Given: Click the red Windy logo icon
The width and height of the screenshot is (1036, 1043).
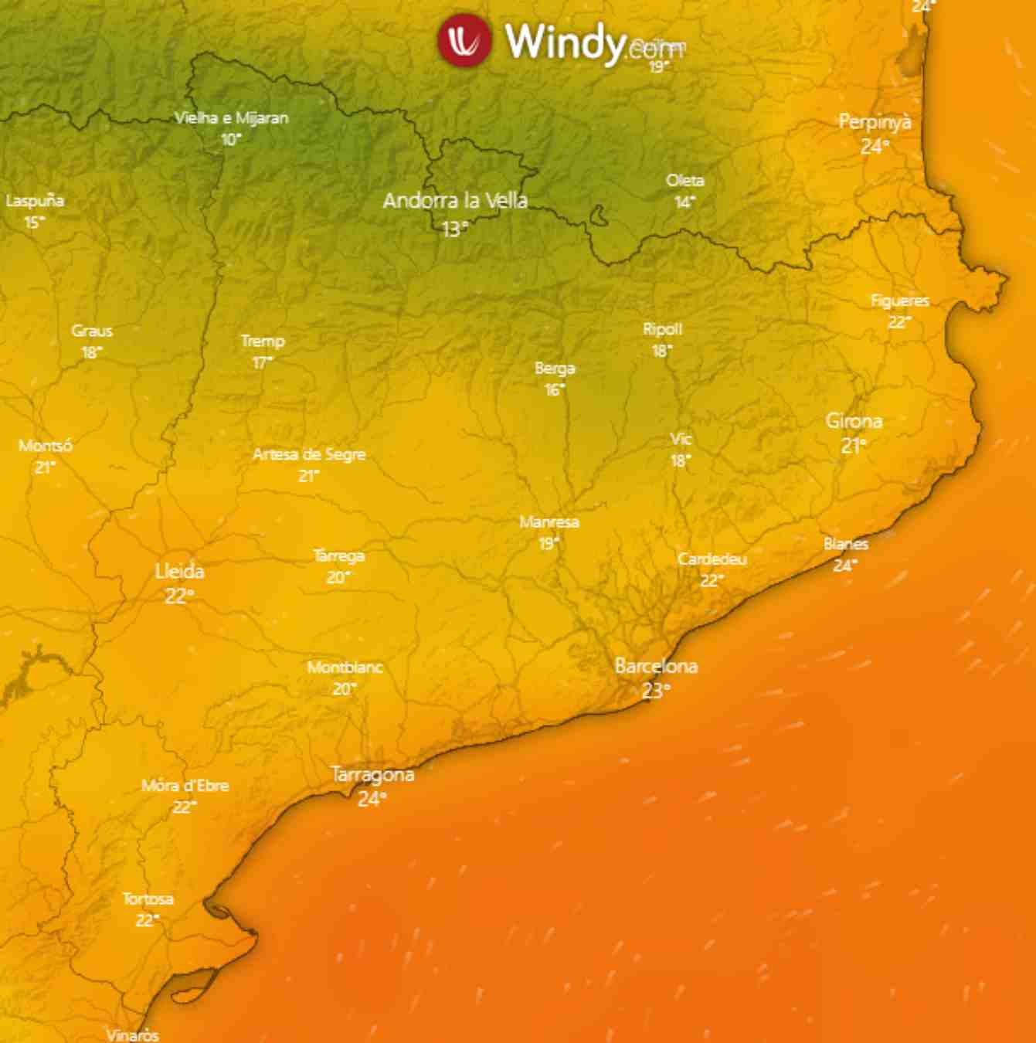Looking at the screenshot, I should pyautogui.click(x=464, y=39).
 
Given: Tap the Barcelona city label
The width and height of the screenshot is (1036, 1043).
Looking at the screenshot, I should pyautogui.click(x=656, y=666).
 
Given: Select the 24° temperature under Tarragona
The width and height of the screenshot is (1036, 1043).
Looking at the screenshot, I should pyautogui.click(x=372, y=799).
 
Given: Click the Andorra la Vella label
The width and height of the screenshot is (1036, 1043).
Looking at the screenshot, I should pyautogui.click(x=455, y=201).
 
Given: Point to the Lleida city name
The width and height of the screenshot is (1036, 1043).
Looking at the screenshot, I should pyautogui.click(x=179, y=572).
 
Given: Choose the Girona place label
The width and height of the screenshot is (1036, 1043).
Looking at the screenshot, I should pyautogui.click(x=854, y=421).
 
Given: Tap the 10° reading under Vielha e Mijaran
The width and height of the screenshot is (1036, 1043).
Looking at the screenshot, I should pyautogui.click(x=230, y=140).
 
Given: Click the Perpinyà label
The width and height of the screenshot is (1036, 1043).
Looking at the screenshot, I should pyautogui.click(x=875, y=122).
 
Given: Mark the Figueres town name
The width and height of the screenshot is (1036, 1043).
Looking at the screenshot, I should pyautogui.click(x=900, y=301).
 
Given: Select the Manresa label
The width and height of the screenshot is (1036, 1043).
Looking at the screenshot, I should pyautogui.click(x=549, y=522).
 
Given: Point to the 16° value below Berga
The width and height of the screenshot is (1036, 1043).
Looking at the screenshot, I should pyautogui.click(x=554, y=390).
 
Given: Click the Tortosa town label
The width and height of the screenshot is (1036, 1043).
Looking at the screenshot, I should pyautogui.click(x=148, y=899).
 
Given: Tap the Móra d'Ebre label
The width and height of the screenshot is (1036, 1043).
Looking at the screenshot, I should pyautogui.click(x=185, y=786).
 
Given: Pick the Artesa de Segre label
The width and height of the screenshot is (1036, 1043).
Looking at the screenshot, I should pyautogui.click(x=309, y=454).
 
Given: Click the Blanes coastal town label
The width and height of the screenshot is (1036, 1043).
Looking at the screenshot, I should pyautogui.click(x=846, y=544).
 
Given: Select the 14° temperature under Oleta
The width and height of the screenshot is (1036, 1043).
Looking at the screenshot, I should pyautogui.click(x=684, y=202).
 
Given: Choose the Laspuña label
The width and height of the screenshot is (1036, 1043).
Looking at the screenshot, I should pyautogui.click(x=35, y=201).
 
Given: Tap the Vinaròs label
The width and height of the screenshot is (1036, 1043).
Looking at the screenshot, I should pyautogui.click(x=132, y=1035).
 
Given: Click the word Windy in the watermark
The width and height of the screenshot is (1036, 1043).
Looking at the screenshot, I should pyautogui.click(x=564, y=41).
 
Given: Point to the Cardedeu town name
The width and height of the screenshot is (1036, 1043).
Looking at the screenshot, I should pyautogui.click(x=712, y=559).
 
